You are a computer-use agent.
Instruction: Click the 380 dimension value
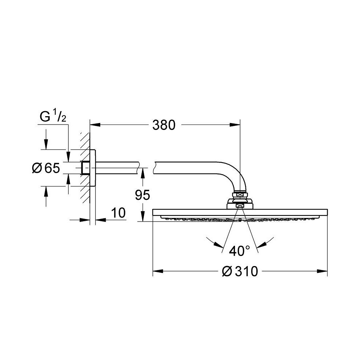pos(163,125)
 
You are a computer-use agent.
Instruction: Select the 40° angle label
pos(239,251)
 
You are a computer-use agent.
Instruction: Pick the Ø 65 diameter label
pos(45,168)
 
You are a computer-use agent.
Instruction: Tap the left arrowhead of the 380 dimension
pos(94,125)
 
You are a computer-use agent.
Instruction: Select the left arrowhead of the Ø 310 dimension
pos(157,271)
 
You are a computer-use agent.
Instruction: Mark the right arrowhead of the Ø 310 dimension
pos(323,271)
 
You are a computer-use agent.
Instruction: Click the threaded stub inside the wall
pos(86,168)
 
